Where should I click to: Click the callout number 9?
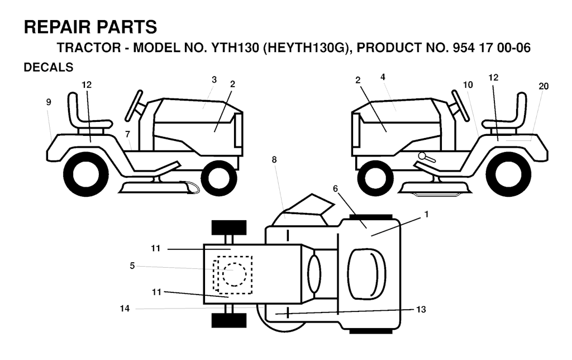[x=49, y=102]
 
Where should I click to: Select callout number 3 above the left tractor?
[x=214, y=79]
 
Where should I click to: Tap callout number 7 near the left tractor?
[x=127, y=134]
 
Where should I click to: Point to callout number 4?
[x=383, y=77]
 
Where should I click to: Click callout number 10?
[x=468, y=85]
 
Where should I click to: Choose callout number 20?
[x=544, y=86]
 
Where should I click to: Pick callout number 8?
[x=274, y=159]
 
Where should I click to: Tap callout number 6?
[x=335, y=188]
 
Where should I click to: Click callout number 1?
[x=426, y=215]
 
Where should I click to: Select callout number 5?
[x=132, y=266]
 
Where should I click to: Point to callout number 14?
[x=125, y=309]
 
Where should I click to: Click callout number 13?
[x=421, y=310]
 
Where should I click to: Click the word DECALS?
[x=49, y=67]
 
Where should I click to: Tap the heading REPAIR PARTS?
[x=90, y=27]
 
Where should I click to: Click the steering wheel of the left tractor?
[x=134, y=105]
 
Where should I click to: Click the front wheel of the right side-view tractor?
[x=375, y=178]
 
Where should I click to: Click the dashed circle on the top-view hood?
[x=234, y=274]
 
